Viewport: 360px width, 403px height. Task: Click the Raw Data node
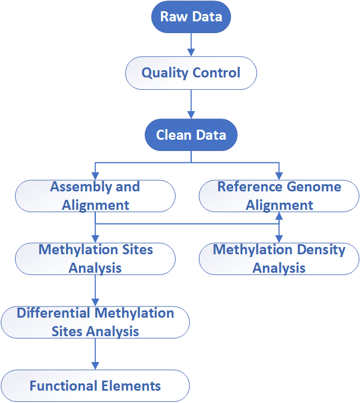coord(191,17)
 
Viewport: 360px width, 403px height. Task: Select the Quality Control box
coord(191,73)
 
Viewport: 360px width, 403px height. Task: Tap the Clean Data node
coord(191,135)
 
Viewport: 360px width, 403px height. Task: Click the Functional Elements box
coord(95,386)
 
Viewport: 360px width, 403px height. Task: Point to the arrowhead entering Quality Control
coord(191,52)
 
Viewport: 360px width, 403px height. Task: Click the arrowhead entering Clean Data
coord(191,115)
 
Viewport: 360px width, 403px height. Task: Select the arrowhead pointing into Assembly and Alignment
coord(95,176)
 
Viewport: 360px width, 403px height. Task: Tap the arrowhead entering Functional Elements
coord(95,366)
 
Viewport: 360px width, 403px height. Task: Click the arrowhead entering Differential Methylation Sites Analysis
coord(95,303)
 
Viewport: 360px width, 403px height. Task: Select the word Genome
coord(314,186)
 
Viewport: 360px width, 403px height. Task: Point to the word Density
coord(321,250)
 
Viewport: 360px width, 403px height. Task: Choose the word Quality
coord(165,74)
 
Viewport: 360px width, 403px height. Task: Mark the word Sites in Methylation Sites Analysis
coord(137,250)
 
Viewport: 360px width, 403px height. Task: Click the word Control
coord(216,72)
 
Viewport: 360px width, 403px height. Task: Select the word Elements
coord(131,386)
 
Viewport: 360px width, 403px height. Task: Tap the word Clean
coord(174,135)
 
